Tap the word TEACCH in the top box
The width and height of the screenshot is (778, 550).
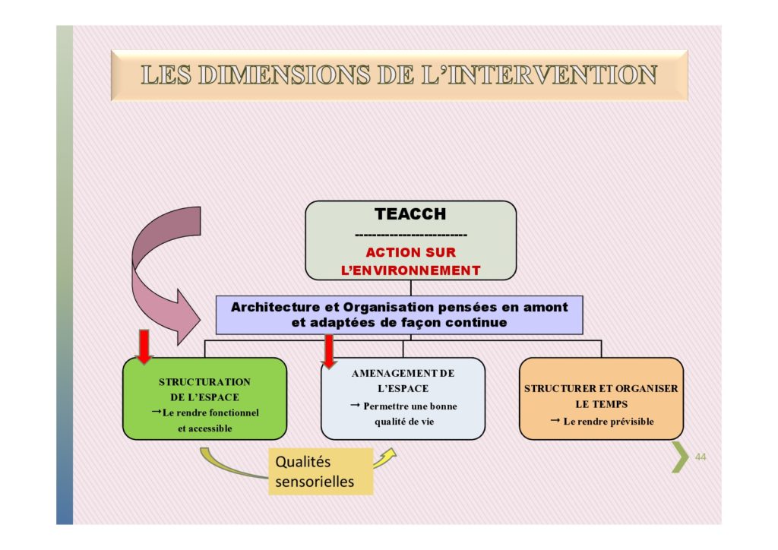(410, 213)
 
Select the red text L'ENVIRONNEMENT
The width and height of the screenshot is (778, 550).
(411, 270)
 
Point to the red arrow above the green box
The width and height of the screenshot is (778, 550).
(144, 346)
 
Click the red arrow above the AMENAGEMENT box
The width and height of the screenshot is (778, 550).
(329, 352)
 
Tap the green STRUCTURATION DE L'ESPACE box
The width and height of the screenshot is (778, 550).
(204, 398)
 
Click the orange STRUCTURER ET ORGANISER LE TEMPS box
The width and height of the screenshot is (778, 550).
(601, 398)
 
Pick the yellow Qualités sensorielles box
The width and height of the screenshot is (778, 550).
(321, 471)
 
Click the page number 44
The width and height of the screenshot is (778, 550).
(700, 457)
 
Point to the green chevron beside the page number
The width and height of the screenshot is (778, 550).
(680, 457)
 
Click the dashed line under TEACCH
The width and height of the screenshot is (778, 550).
(411, 235)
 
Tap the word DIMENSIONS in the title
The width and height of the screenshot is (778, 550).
(284, 75)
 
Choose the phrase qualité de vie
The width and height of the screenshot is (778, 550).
(404, 422)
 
